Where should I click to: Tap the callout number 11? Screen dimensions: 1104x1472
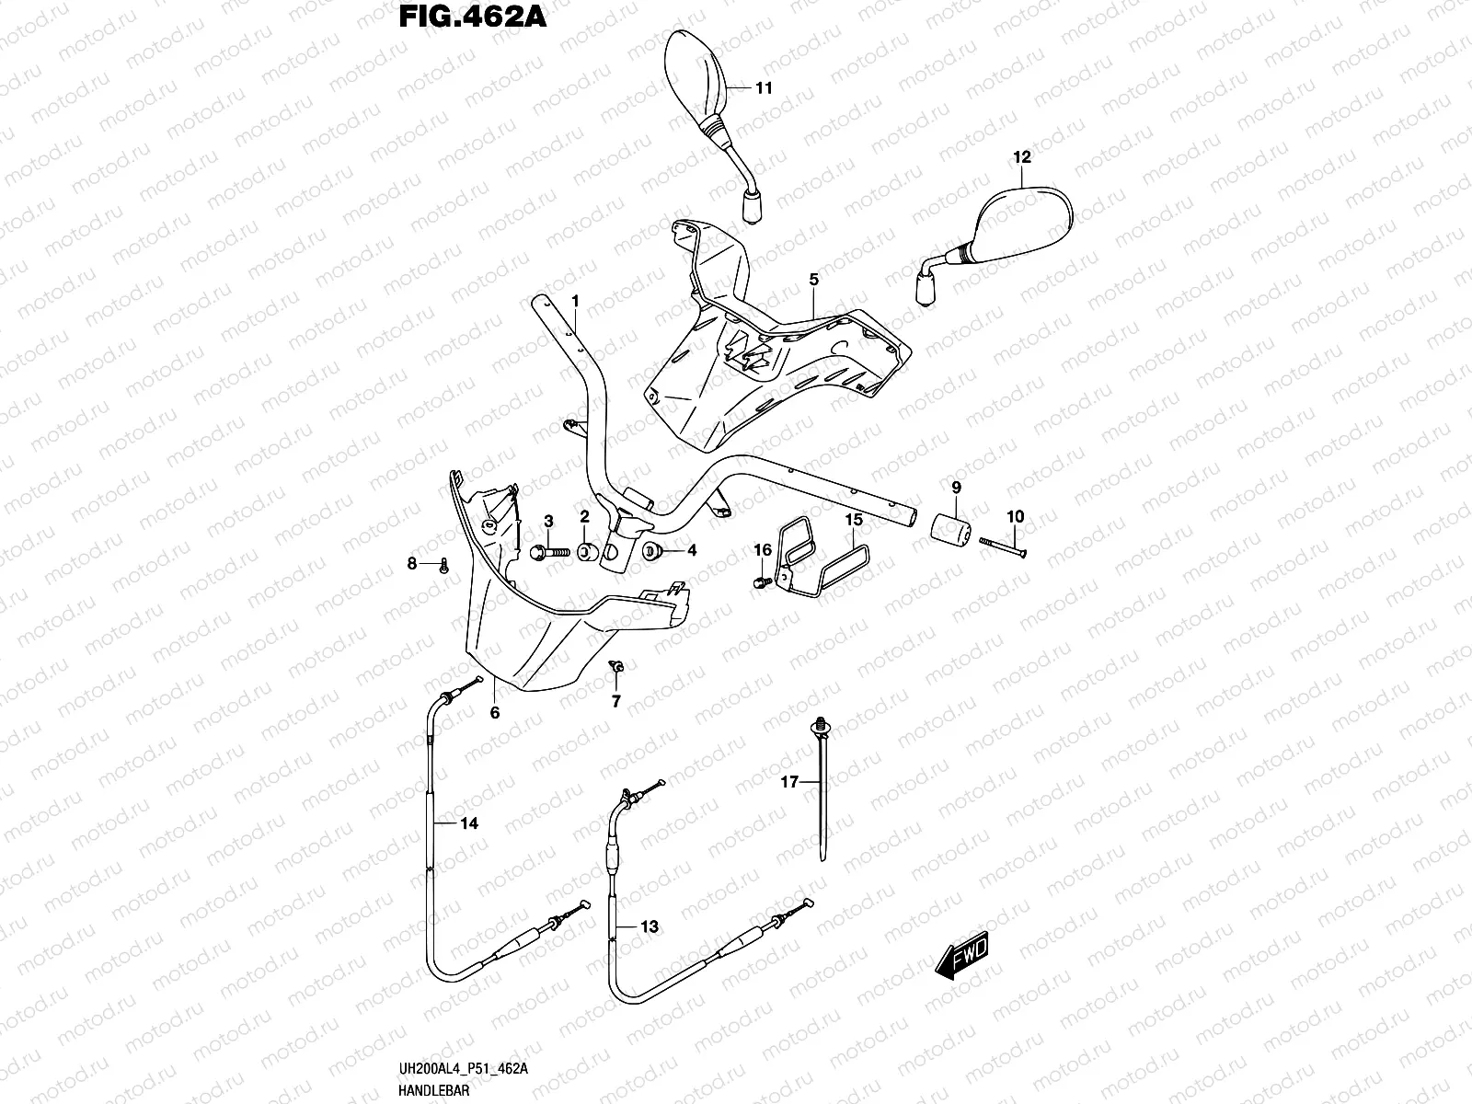pos(764,88)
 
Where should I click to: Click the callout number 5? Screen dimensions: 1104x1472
pos(814,278)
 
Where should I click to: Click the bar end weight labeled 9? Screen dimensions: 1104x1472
pos(954,530)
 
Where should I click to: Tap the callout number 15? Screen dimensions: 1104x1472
pos(854,520)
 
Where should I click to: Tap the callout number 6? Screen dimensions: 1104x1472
pos(494,712)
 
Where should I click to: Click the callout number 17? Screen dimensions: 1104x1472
pos(787,784)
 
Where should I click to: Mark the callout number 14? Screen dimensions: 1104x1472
pos(469,823)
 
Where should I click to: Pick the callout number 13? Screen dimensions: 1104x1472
pos(649,926)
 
